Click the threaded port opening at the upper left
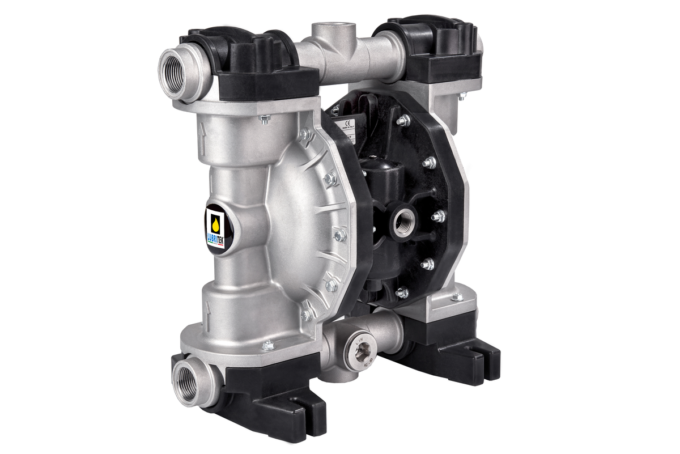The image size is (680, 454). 173,73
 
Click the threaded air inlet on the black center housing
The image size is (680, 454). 405,220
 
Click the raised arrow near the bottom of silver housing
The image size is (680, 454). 208,309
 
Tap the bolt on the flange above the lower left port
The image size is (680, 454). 268,344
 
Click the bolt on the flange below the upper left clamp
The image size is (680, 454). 264,118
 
